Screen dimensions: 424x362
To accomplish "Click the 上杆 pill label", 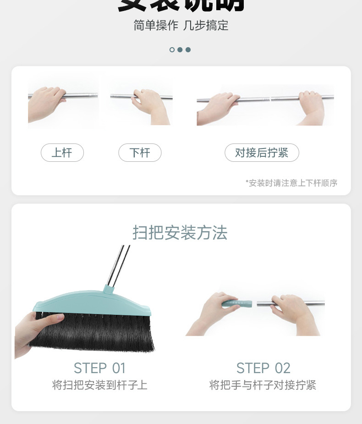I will pyautogui.click(x=62, y=153).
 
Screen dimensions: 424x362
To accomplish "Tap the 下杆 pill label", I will pyautogui.click(x=140, y=153).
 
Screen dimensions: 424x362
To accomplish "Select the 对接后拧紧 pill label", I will pyautogui.click(x=262, y=153).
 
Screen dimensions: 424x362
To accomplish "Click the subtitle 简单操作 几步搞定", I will pyautogui.click(x=181, y=25).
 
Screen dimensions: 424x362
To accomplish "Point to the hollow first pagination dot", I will pyautogui.click(x=172, y=50).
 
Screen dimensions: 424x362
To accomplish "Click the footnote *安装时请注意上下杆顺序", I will pyautogui.click(x=291, y=183).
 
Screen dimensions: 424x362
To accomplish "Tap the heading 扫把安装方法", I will pyautogui.click(x=180, y=233).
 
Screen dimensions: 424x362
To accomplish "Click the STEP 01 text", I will pyautogui.click(x=99, y=368).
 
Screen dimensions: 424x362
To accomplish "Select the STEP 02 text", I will pyautogui.click(x=263, y=368).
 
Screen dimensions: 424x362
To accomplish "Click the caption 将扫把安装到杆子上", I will pyautogui.click(x=99, y=385).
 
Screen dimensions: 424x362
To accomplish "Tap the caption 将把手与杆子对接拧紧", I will pyautogui.click(x=263, y=385).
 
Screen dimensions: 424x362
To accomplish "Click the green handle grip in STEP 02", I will pyautogui.click(x=238, y=303).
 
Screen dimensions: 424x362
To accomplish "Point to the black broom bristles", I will pyautogui.click(x=96, y=332).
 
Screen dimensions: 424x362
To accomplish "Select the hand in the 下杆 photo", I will pyautogui.click(x=149, y=103).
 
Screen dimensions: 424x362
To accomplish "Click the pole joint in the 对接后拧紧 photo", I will pyautogui.click(x=270, y=99).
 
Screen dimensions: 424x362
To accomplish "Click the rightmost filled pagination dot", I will pyautogui.click(x=188, y=50).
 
